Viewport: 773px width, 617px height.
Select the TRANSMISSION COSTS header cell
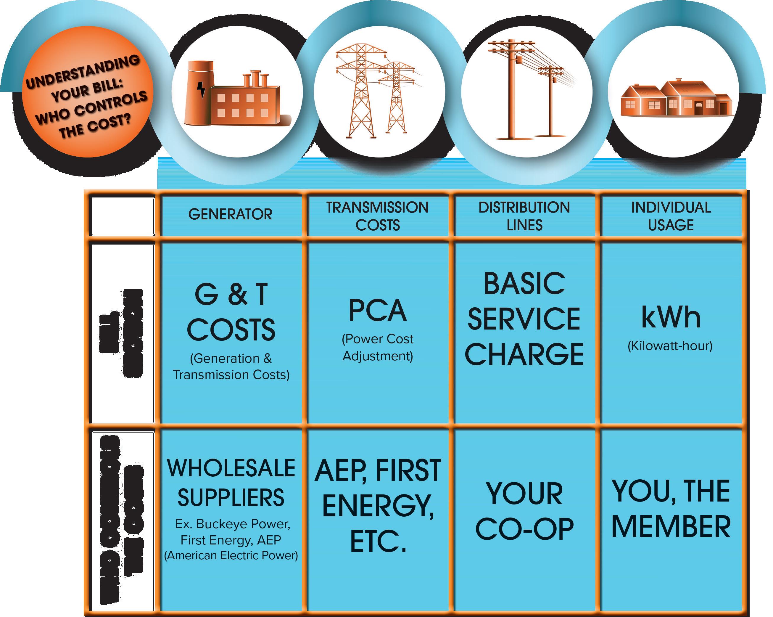[x=377, y=216]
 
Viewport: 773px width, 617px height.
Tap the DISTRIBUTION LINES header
[x=524, y=216]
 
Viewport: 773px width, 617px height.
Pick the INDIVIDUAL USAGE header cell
[x=671, y=216]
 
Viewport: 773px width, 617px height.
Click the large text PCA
[x=378, y=311]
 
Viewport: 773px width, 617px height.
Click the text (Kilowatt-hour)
[x=670, y=346]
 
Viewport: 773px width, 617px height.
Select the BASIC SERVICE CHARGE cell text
[x=524, y=319]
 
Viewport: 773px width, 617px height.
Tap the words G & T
[x=231, y=294]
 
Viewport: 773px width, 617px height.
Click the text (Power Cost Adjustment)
[x=378, y=347]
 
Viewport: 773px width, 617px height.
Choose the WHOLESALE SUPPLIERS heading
[x=231, y=483]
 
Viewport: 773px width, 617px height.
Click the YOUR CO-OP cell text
[x=524, y=511]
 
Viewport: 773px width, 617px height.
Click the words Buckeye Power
[x=243, y=524]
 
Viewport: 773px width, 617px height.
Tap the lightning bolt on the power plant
[x=202, y=90]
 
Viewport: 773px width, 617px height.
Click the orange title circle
[x=87, y=92]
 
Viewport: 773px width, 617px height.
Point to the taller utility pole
[x=512, y=90]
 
